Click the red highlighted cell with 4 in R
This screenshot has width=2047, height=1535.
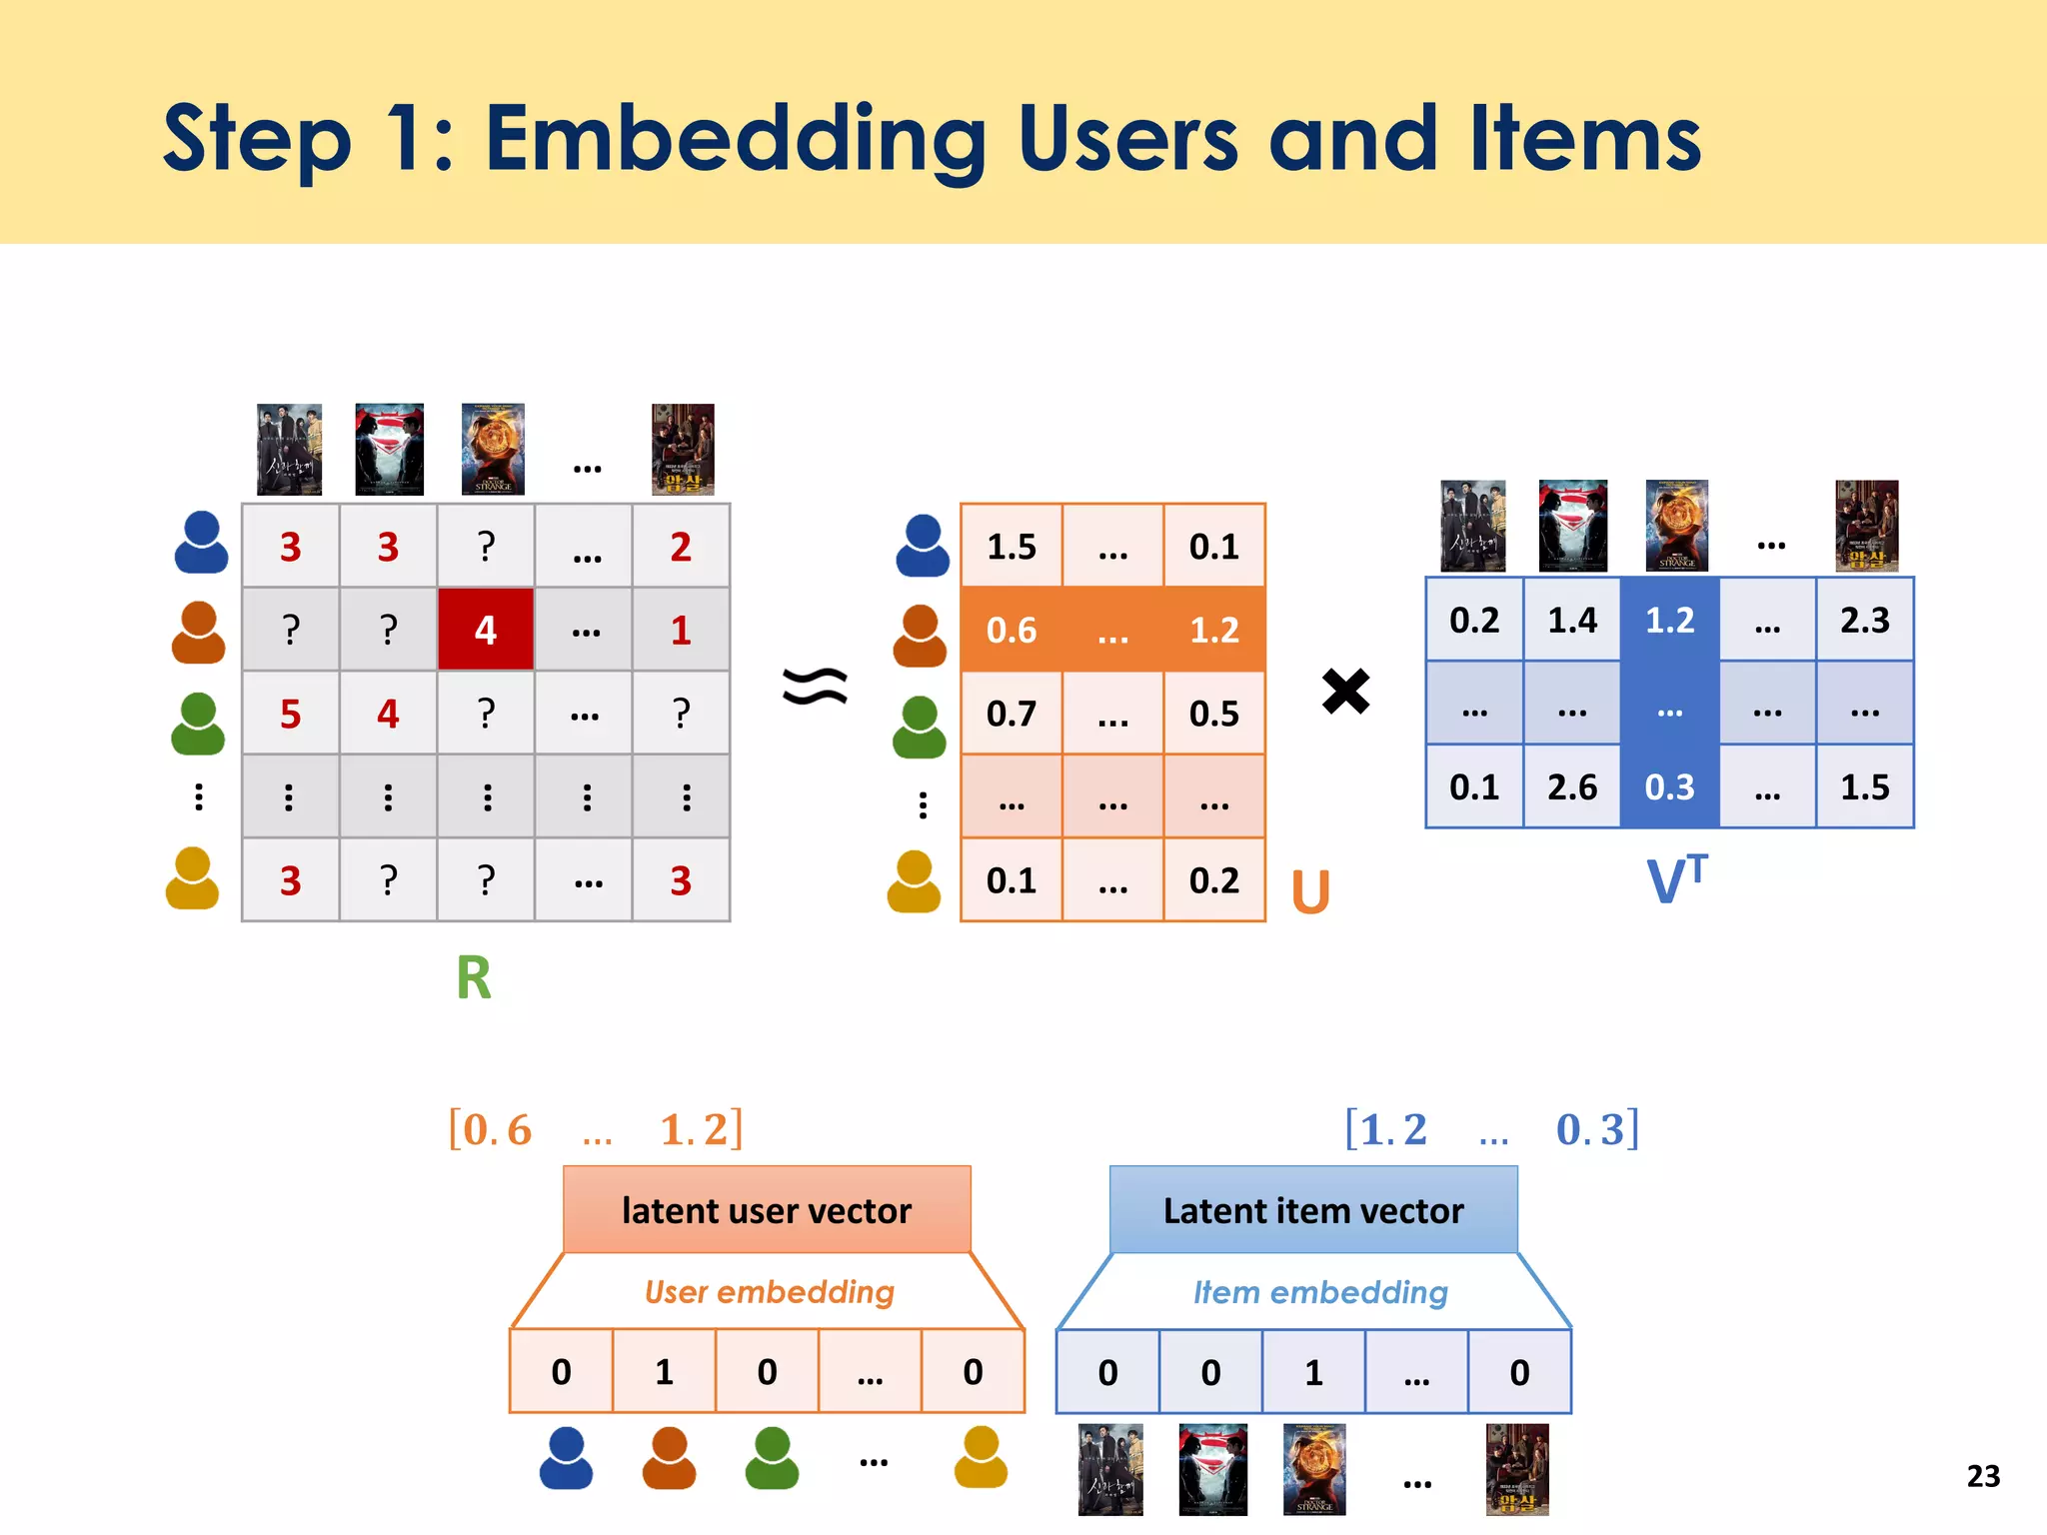[x=486, y=630]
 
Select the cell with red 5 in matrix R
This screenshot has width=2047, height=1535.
[x=290, y=714]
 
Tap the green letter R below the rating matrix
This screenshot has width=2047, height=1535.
[x=474, y=977]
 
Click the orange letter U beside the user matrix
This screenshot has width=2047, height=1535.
[x=1310, y=891]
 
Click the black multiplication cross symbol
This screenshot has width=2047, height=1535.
[x=1345, y=692]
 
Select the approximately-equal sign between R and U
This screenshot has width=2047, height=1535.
[x=815, y=687]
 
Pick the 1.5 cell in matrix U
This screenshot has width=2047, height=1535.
[x=1012, y=547]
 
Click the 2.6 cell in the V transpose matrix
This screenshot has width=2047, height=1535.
[x=1572, y=787]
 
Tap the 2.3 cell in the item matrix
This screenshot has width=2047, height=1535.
[x=1865, y=621]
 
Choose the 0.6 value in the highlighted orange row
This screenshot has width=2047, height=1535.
[x=1012, y=630]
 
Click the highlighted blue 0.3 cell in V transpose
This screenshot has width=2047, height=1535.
[x=1669, y=787]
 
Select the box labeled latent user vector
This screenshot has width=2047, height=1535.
[x=767, y=1210]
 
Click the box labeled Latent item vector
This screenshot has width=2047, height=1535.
[x=1313, y=1210]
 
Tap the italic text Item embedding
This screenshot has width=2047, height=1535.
[x=1320, y=1292]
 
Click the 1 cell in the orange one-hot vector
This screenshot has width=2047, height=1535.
[x=664, y=1372]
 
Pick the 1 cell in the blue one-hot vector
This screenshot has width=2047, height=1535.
[x=1313, y=1372]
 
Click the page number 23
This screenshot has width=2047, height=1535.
[x=1983, y=1476]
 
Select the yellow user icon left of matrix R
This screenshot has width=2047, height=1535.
[x=192, y=879]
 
